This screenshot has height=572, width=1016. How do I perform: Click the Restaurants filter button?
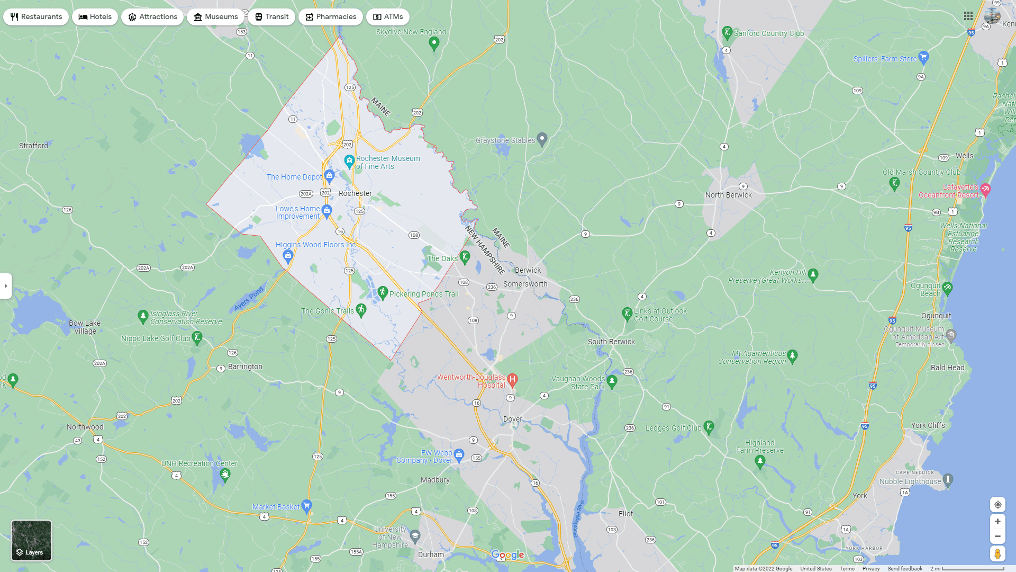[x=36, y=17]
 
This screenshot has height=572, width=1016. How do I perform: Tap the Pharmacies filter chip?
[x=330, y=17]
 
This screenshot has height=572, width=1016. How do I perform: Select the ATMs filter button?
[x=387, y=17]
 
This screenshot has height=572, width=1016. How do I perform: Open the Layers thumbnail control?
[x=32, y=540]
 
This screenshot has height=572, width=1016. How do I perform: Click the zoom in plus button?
[x=997, y=522]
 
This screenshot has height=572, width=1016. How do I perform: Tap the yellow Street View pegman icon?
[x=997, y=554]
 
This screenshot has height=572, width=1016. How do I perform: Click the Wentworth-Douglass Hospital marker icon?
[x=512, y=379]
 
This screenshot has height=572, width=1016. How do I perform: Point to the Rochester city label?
[x=355, y=193]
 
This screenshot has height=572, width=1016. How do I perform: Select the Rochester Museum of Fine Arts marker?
[x=349, y=160]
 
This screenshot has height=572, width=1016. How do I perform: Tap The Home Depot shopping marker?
[x=329, y=175]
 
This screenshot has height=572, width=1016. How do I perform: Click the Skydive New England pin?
[x=434, y=43]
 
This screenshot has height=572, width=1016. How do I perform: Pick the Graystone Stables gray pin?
[x=542, y=139]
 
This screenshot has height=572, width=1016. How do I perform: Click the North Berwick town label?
[x=728, y=195]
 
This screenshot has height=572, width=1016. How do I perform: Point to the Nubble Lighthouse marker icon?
[x=948, y=480]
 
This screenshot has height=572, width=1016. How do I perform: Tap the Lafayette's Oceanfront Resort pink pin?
[x=985, y=189]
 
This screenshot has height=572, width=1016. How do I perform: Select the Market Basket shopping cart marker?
[x=306, y=505]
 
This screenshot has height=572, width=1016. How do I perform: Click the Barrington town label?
[x=245, y=367]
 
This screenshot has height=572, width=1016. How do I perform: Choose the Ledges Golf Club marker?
[x=709, y=426]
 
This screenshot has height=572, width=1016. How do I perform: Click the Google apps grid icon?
[x=968, y=16]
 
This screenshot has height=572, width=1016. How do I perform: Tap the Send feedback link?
[x=904, y=568]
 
